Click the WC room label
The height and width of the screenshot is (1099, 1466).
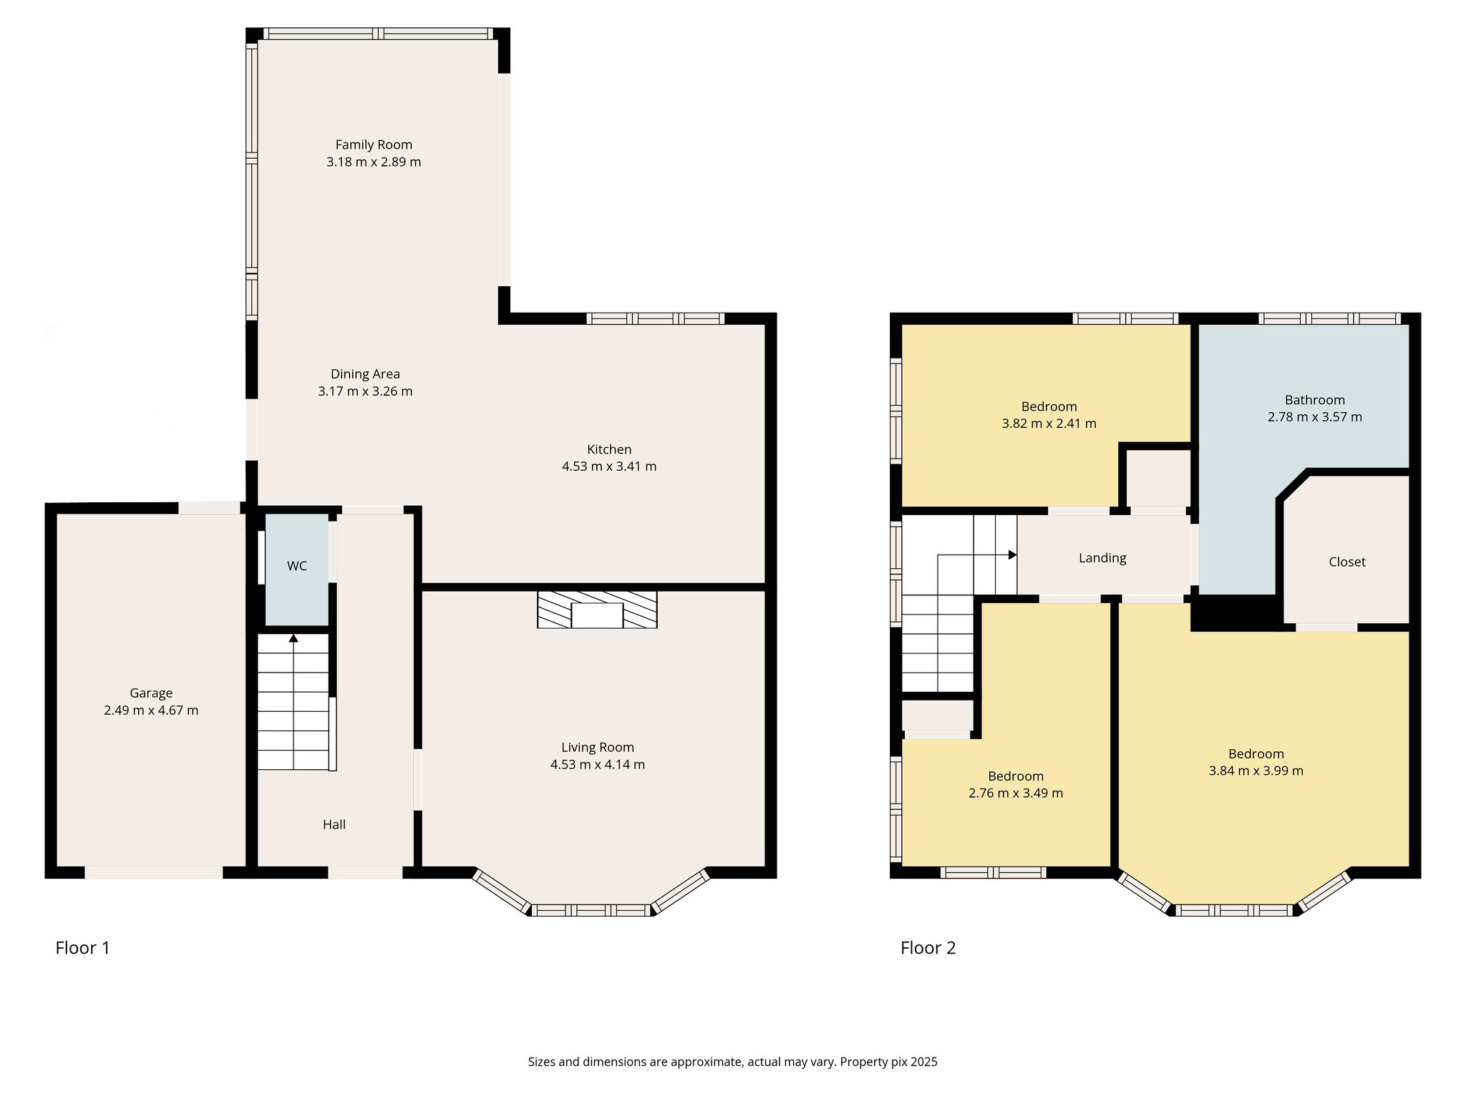click(x=297, y=566)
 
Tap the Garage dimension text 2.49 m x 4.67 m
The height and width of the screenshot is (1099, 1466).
click(x=151, y=710)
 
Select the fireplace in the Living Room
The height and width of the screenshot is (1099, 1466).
click(x=597, y=610)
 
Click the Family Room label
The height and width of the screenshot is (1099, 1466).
click(x=374, y=145)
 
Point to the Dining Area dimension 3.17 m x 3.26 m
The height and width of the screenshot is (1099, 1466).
click(x=365, y=391)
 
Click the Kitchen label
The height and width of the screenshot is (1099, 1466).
click(x=609, y=449)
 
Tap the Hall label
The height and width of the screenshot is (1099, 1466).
click(x=334, y=824)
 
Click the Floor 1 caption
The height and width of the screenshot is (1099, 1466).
click(x=83, y=948)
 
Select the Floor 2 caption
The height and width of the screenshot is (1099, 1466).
click(x=928, y=948)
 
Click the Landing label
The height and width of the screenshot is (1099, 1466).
click(x=1102, y=558)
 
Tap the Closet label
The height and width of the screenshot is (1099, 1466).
click(x=1347, y=562)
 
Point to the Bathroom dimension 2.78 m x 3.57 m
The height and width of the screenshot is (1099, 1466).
click(x=1315, y=416)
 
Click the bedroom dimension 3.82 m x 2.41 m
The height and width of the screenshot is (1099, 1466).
click(x=1049, y=423)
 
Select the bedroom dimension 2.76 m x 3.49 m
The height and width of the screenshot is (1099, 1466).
click(x=1016, y=793)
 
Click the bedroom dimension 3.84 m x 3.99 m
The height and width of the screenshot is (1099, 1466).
click(x=1256, y=771)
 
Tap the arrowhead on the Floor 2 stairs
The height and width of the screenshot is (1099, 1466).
click(x=1013, y=555)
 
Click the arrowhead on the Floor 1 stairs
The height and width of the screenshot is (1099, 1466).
click(x=293, y=638)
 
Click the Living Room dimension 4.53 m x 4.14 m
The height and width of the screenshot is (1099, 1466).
click(x=598, y=764)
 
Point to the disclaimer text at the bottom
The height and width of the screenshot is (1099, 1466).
click(x=733, y=1062)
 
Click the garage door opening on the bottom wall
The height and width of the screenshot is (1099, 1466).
click(x=154, y=872)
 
